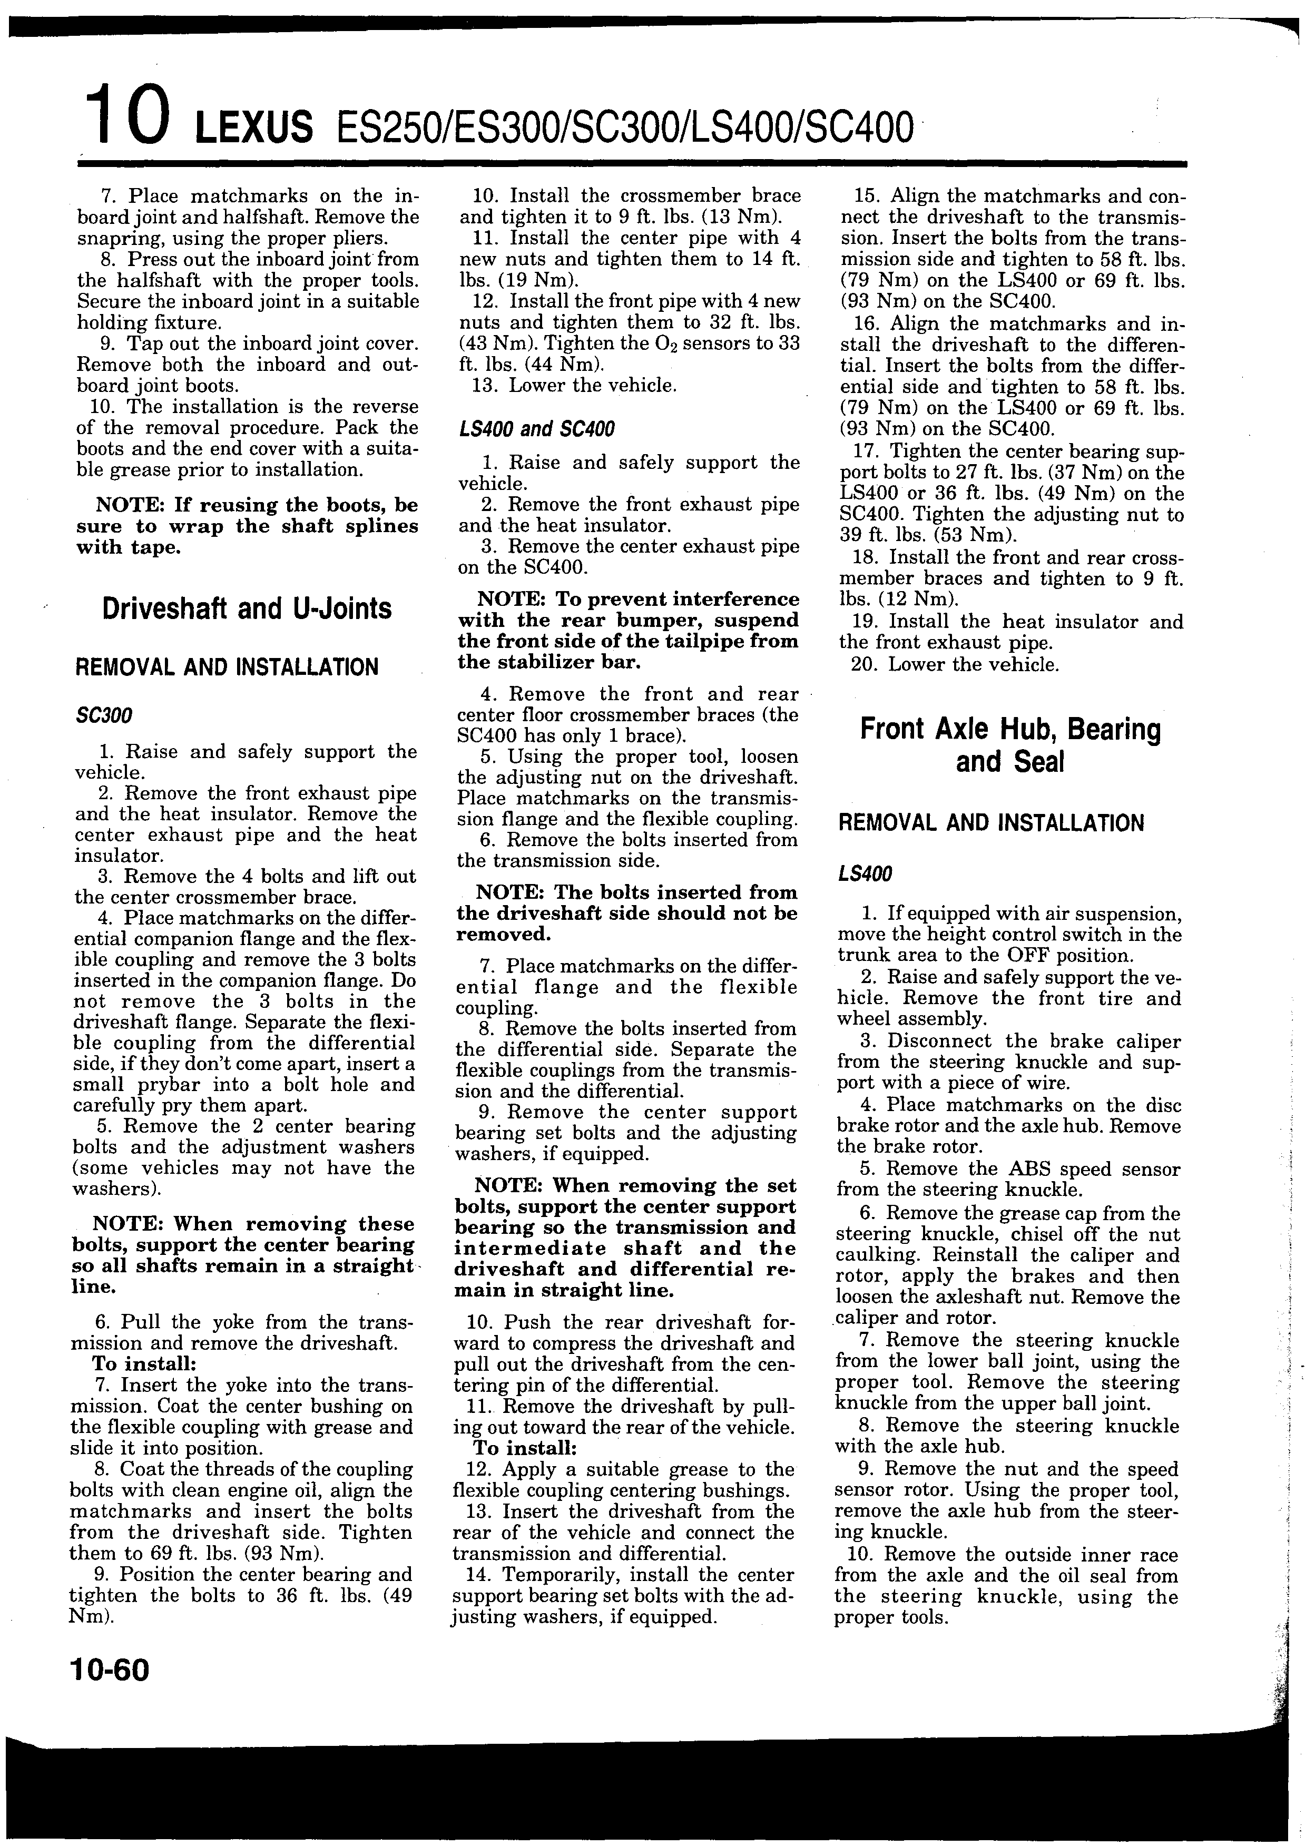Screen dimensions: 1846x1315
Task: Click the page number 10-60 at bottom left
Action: coord(110,1668)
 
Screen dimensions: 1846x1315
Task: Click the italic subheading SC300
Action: coord(104,716)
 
